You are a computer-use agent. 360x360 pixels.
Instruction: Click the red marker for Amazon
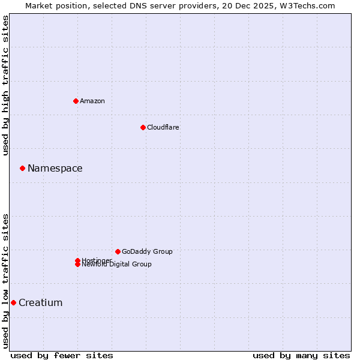76,101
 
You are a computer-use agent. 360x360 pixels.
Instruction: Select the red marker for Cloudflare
143,127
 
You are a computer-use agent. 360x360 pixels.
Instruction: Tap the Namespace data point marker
22,168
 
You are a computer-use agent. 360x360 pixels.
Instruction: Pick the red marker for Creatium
13,302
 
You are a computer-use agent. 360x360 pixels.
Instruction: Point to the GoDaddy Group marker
118,251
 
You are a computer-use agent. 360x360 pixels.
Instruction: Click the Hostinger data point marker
77,260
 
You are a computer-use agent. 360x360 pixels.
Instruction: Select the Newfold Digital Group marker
77,265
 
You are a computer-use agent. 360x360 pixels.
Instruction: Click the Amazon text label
92,101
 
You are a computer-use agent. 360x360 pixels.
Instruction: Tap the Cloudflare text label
163,127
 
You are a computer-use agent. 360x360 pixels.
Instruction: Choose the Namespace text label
55,168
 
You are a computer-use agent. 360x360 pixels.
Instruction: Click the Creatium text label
41,302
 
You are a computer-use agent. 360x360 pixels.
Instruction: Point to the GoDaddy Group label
147,251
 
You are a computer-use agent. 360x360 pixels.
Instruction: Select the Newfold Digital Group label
117,265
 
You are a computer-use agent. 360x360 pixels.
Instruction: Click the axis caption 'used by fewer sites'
62,355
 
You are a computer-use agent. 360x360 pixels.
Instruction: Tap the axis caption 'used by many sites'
301,355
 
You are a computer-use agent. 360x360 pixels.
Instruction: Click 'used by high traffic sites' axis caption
5,85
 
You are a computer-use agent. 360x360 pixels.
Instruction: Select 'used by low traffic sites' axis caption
5,281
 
